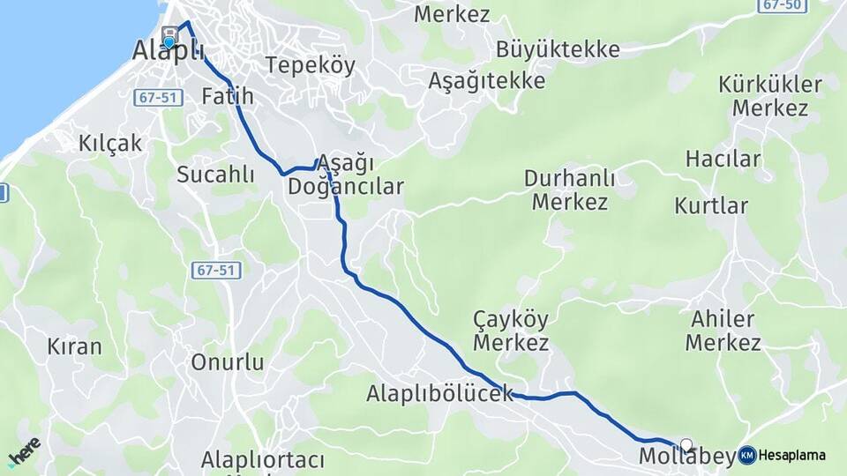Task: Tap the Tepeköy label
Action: [310, 65]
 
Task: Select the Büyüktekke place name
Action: [557, 49]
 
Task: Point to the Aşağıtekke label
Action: [486, 81]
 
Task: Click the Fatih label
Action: [228, 95]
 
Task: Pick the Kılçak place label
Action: [109, 144]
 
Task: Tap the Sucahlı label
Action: [215, 174]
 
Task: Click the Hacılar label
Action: [723, 160]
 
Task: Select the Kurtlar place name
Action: [710, 206]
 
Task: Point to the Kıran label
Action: [75, 346]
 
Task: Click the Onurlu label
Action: [228, 362]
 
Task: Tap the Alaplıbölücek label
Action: [439, 393]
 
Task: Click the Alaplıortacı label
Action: [263, 460]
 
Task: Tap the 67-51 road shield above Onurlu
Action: [216, 271]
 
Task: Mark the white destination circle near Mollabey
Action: [686, 445]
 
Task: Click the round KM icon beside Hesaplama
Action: [747, 455]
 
